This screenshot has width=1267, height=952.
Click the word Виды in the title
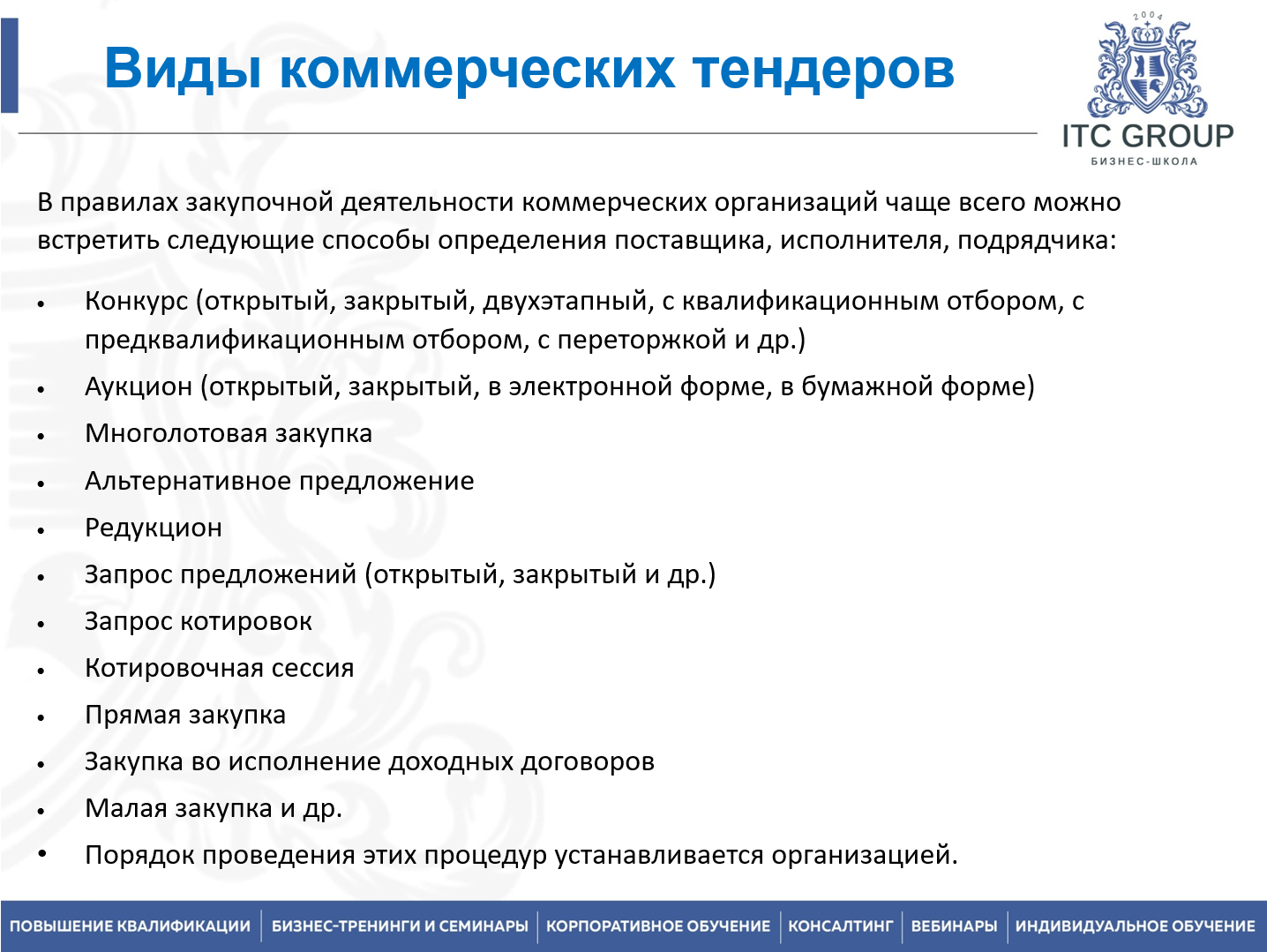tap(182, 69)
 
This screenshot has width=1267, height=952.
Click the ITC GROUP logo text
tap(1147, 136)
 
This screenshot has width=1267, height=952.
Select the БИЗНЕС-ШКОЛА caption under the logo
tap(1144, 161)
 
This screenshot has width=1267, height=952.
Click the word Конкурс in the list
tap(137, 302)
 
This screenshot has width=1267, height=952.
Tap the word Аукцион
tap(139, 386)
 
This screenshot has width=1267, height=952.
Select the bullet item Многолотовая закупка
tap(229, 434)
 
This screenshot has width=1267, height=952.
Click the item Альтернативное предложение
tap(279, 481)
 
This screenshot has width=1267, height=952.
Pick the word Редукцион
tap(154, 528)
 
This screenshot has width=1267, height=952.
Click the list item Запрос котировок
tap(199, 621)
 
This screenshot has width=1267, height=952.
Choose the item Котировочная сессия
tap(219, 668)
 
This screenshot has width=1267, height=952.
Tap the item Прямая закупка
tap(185, 715)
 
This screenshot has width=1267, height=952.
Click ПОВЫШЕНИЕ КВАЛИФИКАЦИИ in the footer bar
tap(131, 926)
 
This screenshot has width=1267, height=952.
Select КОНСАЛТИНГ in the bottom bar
tap(840, 926)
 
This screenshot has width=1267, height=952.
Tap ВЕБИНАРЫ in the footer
tap(954, 926)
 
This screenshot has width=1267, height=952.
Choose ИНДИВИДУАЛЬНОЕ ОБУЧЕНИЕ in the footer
tap(1135, 926)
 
